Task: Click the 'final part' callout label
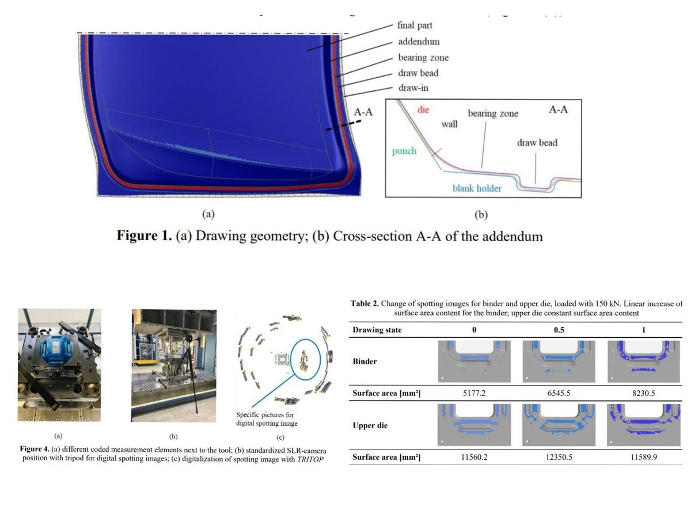coord(415,25)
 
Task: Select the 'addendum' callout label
coord(419,41)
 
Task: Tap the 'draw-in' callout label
coord(413,88)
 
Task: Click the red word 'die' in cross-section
coord(423,109)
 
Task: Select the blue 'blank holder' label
coord(476,188)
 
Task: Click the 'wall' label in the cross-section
coord(449,124)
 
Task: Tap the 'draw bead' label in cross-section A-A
coord(537,142)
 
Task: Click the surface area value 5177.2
coord(476,394)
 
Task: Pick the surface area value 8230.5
coord(643,394)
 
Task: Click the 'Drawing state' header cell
coord(377,330)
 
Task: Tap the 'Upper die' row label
coord(370,425)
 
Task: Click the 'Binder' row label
coord(365,361)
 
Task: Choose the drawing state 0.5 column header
coord(557,330)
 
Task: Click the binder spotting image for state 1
coord(644,361)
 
